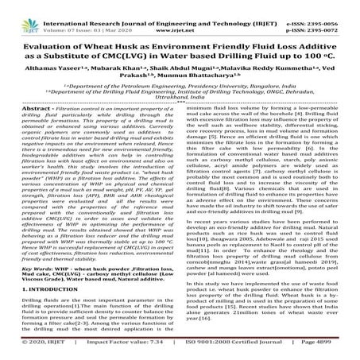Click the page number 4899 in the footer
pos(341,350)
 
